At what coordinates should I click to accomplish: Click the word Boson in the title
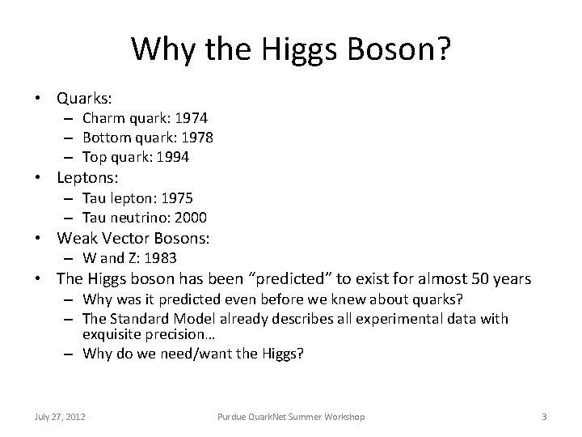click(x=392, y=51)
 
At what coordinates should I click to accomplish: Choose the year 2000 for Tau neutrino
click(x=190, y=217)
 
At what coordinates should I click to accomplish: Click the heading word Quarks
click(x=83, y=98)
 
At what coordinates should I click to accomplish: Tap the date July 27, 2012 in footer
click(x=58, y=416)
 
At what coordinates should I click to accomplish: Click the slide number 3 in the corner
click(x=544, y=416)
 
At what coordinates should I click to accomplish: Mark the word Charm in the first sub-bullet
click(x=101, y=120)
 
